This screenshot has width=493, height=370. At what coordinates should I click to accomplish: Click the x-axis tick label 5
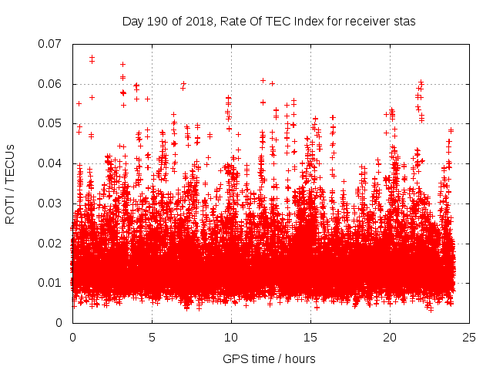152,338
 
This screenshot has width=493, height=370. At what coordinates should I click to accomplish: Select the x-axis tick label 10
231,338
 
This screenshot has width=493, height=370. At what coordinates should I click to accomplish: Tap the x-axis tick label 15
310,338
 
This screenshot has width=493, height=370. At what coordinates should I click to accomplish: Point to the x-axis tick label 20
390,338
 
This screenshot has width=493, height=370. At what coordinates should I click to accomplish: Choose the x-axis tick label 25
469,338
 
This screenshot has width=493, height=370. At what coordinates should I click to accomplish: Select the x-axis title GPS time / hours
269,358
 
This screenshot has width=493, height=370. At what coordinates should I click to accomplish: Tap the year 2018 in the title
201,22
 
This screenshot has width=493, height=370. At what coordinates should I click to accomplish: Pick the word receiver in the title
367,22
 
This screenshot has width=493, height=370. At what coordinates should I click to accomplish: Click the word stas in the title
405,22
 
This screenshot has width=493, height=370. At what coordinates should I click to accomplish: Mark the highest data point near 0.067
92,58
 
